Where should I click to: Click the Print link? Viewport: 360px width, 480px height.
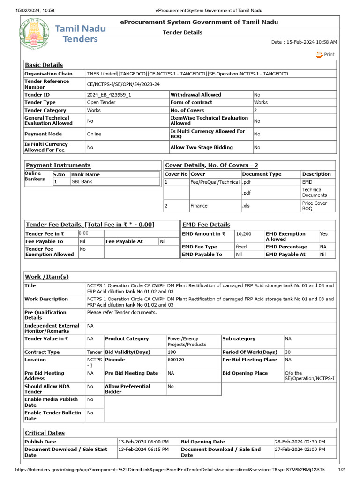pos(326,55)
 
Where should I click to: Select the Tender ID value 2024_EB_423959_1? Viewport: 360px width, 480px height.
pos(109,95)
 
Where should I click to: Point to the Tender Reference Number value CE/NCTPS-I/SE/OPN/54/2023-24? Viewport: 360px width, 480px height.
pos(123,84)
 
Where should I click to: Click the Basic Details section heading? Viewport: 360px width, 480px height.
pos(44,65)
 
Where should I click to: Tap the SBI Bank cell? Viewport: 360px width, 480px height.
pos(82,182)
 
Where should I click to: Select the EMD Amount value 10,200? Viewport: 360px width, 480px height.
pos(243,234)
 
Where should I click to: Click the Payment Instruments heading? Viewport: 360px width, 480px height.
pos(58,165)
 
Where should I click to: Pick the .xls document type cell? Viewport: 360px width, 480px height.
pos(246,206)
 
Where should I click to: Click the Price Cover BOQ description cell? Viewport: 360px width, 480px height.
pos(315,206)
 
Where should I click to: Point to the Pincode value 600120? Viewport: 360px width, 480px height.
pos(176,360)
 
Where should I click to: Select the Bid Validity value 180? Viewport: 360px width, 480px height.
pos(172,352)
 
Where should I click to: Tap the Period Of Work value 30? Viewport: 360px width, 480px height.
pos(288,352)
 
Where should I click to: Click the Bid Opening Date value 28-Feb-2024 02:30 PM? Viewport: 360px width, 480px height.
pos(300,442)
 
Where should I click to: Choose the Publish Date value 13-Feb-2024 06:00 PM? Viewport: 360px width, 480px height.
pos(143,442)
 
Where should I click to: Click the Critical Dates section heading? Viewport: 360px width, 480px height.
pos(45,433)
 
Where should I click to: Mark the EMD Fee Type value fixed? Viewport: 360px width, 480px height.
pos(241,247)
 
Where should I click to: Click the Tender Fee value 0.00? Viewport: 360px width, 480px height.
pos(83,233)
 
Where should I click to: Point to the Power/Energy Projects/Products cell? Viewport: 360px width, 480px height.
pos(187,341)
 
